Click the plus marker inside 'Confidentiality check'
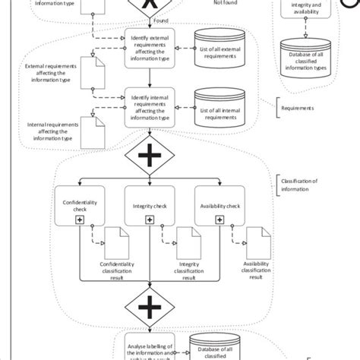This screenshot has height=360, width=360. (x=78, y=219)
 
